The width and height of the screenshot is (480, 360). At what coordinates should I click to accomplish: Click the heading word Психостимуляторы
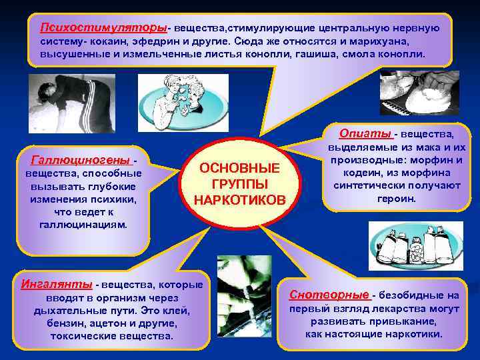(x=103, y=28)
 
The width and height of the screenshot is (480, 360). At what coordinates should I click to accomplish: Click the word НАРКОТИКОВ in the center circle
(x=239, y=200)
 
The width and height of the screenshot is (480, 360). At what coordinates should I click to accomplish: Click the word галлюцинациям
(x=83, y=225)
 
